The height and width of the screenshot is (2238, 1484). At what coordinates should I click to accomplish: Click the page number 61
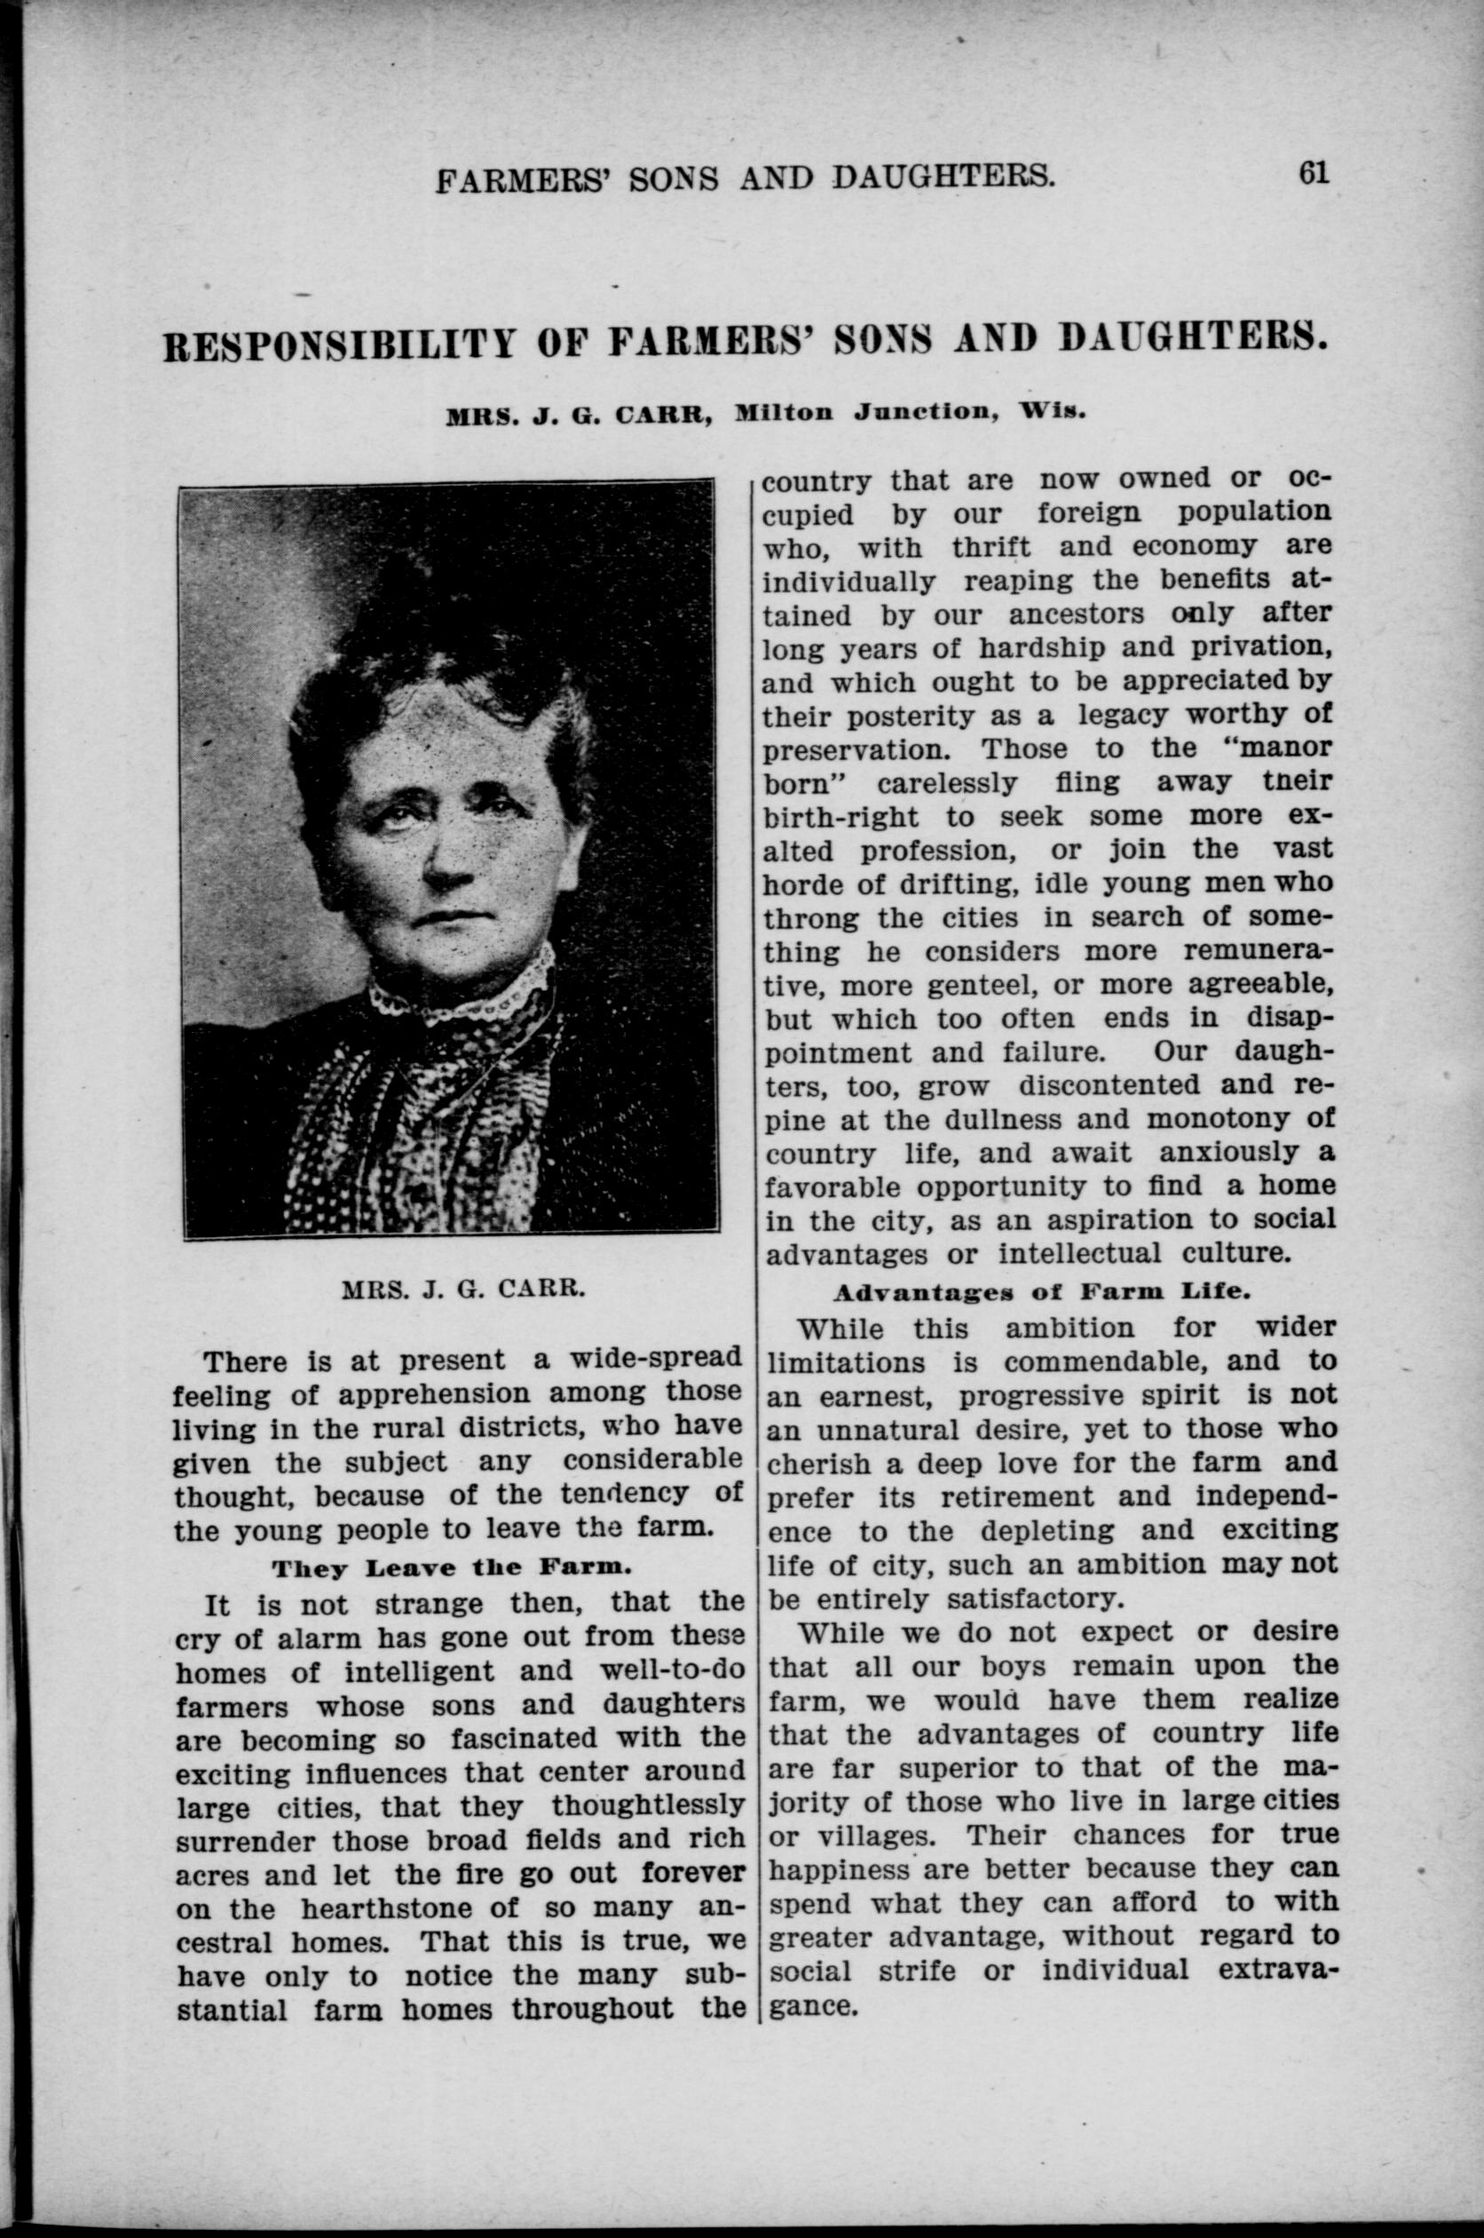[x=1314, y=173]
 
